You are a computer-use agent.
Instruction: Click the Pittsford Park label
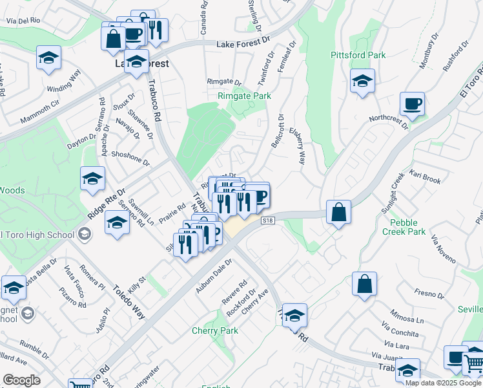[358, 56]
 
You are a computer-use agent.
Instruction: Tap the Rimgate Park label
[243, 96]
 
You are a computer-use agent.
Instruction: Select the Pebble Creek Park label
[404, 226]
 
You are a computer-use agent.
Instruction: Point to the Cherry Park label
[215, 331]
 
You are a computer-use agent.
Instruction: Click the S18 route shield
[269, 221]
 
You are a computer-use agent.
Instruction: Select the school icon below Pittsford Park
[362, 81]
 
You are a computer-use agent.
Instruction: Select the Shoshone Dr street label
[130, 160]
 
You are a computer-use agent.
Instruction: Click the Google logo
[21, 380]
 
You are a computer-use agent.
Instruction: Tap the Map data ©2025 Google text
[443, 383]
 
